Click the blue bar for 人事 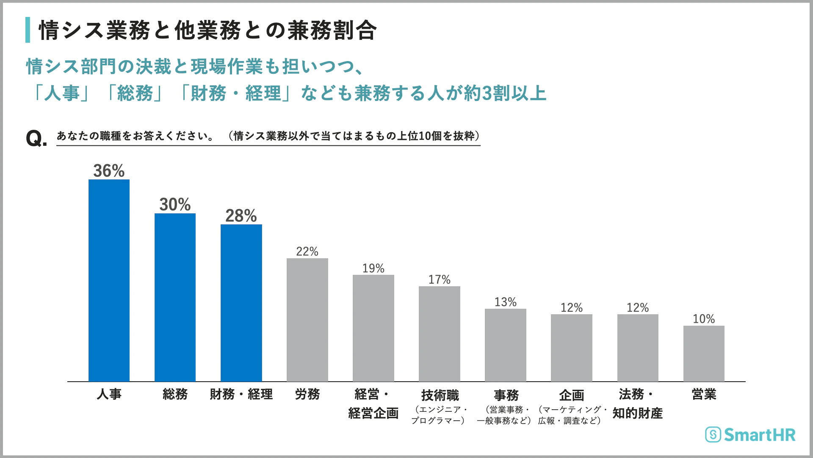[x=109, y=280]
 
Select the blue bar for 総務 [x=175, y=297]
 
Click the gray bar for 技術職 [x=439, y=333]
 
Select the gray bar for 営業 [x=703, y=353]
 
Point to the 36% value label [x=109, y=171]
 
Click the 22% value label [x=307, y=251]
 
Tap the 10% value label [x=703, y=319]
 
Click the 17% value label [x=439, y=280]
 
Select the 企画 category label [x=571, y=395]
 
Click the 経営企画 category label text [x=373, y=413]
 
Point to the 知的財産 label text [x=637, y=413]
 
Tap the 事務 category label [x=506, y=395]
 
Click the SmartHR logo [x=750, y=435]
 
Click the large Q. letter [x=36, y=138]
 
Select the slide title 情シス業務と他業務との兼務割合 [x=207, y=31]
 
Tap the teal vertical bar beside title [x=28, y=30]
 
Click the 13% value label [x=505, y=302]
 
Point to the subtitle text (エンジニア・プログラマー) [x=439, y=415]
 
